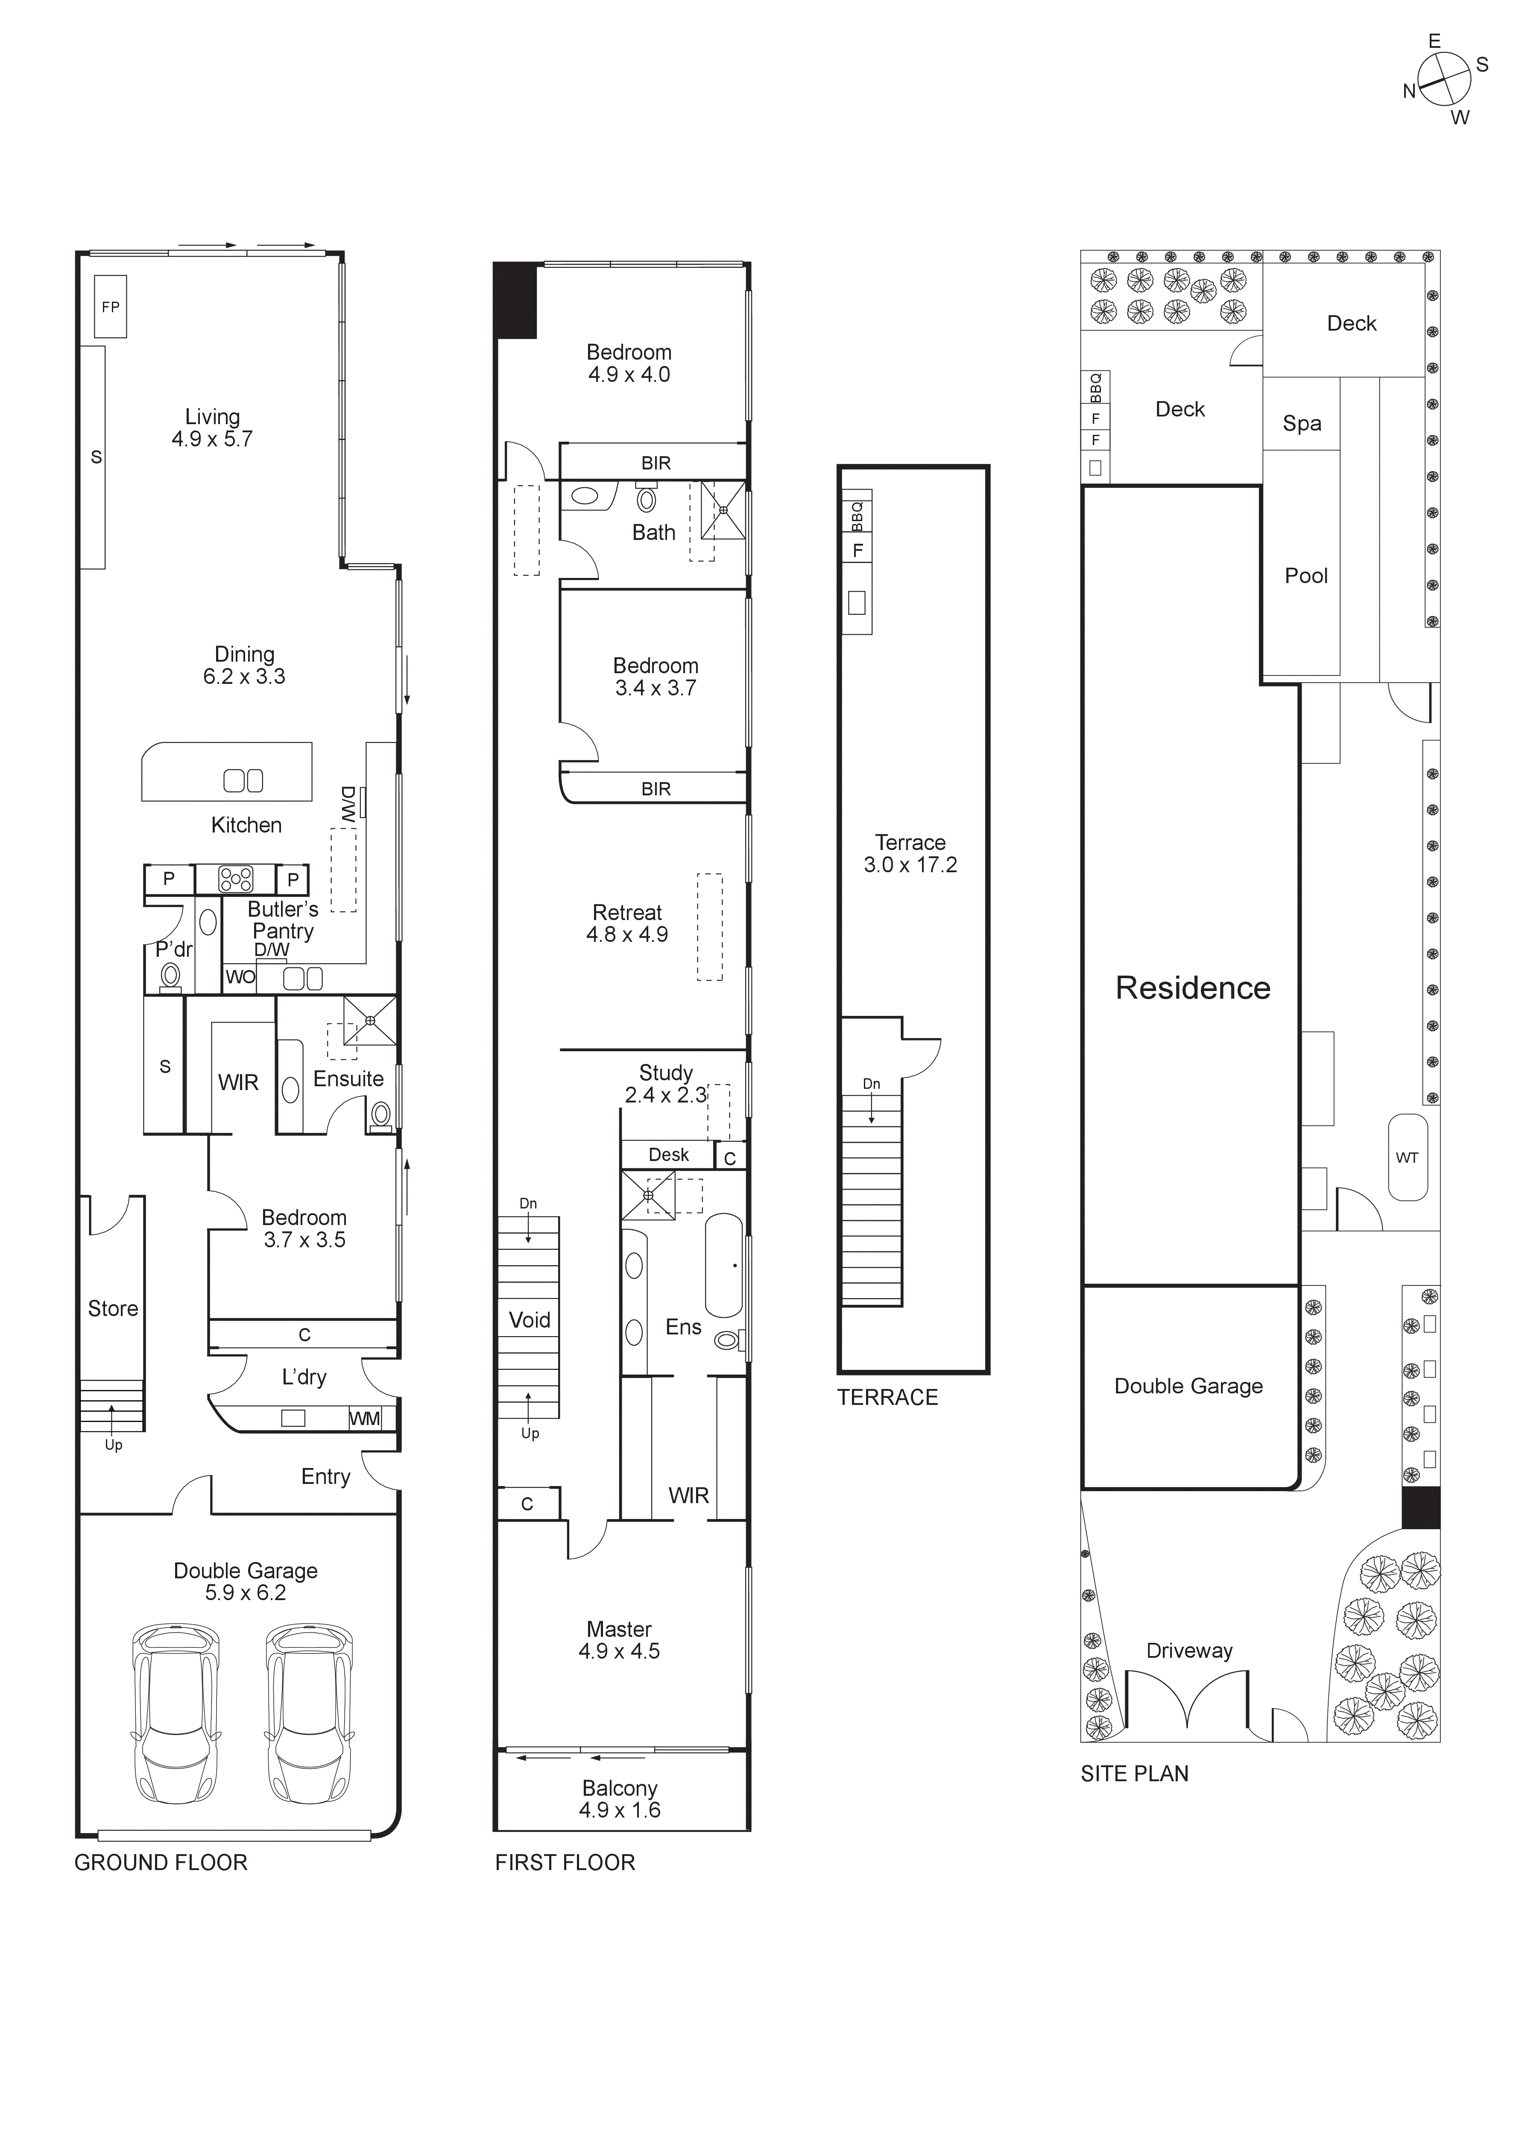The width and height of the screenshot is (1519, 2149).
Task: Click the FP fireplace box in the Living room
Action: [111, 306]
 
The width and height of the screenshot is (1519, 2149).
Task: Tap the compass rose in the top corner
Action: [1444, 79]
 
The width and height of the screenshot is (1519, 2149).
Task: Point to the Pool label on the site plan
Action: [1305, 576]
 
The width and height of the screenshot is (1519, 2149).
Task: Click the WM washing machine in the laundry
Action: [365, 1419]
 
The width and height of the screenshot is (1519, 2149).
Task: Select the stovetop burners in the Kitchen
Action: [235, 879]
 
